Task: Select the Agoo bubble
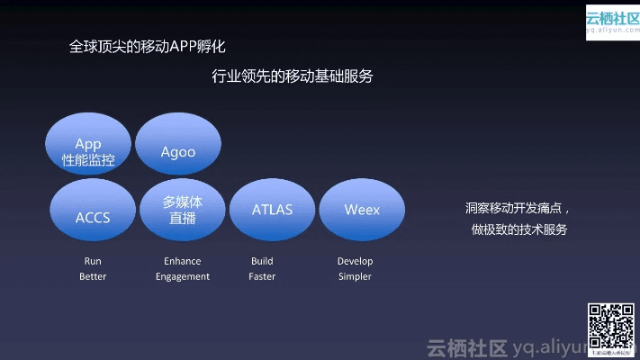click(178, 151)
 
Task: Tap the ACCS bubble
click(93, 217)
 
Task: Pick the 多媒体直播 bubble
click(183, 210)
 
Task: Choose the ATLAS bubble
click(272, 210)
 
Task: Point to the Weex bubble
click(362, 210)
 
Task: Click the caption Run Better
click(93, 268)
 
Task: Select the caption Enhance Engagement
click(183, 268)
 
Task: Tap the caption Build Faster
click(262, 268)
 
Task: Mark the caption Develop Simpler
click(355, 268)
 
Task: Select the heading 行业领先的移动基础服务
click(293, 76)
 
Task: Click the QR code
click(611, 327)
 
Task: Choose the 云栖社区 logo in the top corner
click(611, 21)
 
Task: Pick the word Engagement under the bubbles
click(183, 276)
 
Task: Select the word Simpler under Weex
click(355, 276)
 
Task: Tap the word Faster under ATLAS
click(262, 276)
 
